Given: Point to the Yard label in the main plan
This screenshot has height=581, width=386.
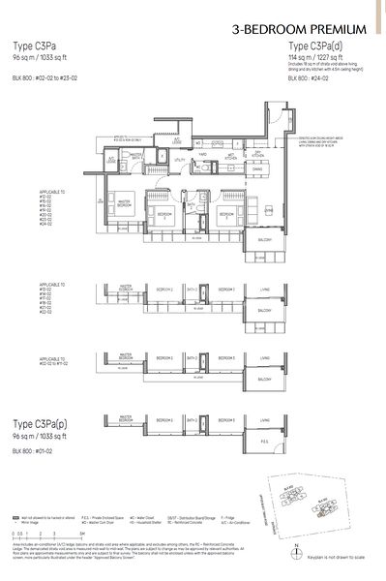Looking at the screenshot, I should point(202,153).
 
